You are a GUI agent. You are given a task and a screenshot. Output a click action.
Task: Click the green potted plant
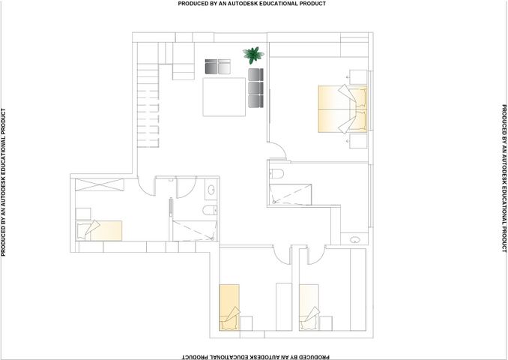253,55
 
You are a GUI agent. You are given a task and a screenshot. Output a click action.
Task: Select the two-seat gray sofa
218,67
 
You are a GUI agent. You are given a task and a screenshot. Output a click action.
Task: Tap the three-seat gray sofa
256,88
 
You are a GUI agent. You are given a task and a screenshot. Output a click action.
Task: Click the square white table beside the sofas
224,97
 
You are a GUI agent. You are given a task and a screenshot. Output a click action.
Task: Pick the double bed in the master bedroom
342,109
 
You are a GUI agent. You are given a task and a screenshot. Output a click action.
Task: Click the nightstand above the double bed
358,76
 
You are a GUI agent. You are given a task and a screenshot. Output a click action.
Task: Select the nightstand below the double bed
358,141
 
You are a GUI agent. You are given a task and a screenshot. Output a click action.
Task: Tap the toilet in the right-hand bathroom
276,174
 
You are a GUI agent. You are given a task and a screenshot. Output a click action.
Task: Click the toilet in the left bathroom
210,210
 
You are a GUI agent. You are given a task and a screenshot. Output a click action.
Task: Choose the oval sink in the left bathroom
211,189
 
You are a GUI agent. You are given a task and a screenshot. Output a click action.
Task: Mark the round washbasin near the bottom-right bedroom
355,240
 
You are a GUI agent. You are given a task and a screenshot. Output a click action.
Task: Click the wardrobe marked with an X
100,184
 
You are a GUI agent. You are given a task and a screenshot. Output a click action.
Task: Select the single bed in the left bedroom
99,230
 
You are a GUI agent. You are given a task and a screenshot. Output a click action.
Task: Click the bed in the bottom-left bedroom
230,307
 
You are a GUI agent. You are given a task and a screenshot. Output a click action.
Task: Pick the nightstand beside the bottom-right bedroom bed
325,323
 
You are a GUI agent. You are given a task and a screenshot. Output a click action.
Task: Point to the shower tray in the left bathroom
194,231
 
